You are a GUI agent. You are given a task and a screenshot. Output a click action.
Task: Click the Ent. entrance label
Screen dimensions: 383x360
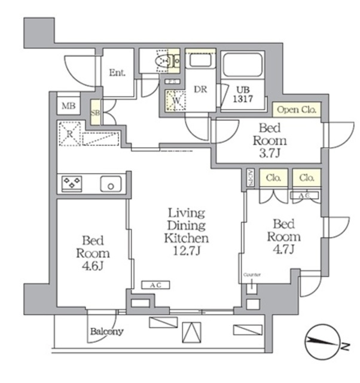click(x=117, y=73)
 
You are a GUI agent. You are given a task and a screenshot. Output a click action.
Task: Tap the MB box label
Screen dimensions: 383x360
click(x=68, y=107)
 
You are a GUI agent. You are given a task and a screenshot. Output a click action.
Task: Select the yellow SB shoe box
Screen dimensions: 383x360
click(x=95, y=113)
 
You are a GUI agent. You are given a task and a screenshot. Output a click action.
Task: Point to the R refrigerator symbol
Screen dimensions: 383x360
click(x=70, y=134)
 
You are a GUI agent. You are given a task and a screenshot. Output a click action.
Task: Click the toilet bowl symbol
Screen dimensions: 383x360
click(x=162, y=61)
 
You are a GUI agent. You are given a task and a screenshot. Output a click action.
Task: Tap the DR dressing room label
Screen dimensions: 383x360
click(x=200, y=90)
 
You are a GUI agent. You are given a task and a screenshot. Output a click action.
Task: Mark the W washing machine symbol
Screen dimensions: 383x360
click(x=176, y=101)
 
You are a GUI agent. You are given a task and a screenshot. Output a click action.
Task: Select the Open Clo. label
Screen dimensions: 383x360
click(x=297, y=110)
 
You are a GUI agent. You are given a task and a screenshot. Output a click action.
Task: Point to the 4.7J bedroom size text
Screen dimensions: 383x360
click(x=283, y=250)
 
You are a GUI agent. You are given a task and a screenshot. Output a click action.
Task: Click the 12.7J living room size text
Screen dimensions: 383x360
click(x=187, y=251)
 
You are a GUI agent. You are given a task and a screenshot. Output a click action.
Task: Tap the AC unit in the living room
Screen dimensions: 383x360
click(x=155, y=285)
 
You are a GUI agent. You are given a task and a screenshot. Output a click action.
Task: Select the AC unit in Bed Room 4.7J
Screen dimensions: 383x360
click(x=304, y=196)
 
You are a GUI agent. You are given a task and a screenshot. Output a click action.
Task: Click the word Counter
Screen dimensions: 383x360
click(x=252, y=275)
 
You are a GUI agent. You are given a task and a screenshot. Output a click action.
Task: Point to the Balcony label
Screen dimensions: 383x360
click(x=107, y=331)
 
